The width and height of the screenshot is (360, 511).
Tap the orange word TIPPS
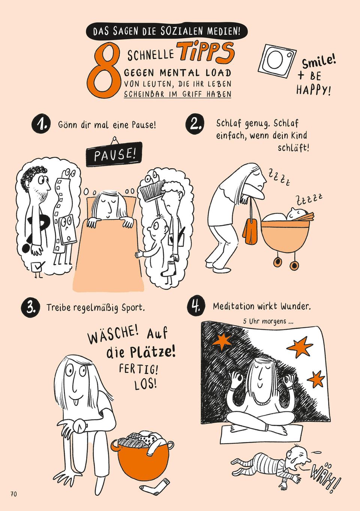coord(206,52)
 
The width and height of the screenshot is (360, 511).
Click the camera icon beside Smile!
coord(277,60)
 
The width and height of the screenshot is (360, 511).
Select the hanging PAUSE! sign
coord(114,154)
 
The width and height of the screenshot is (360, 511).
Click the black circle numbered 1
coord(40,124)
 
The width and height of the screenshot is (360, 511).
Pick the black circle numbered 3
coord(31,307)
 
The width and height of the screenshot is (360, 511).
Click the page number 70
coord(13,494)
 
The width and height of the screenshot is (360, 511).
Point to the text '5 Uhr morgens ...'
coord(268,321)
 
